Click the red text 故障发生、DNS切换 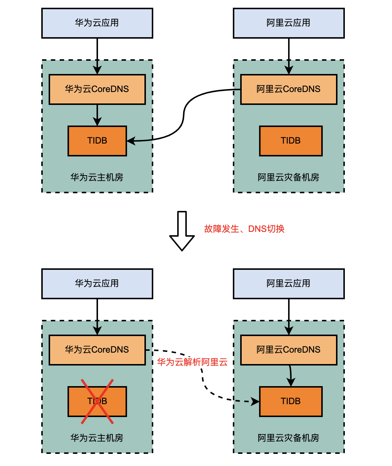tap(244, 229)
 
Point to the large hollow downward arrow tap(182, 231)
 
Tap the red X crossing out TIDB tap(97, 402)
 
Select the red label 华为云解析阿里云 tap(192, 362)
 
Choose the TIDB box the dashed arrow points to tap(291, 402)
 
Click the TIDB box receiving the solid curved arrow tap(97, 141)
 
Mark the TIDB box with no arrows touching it tap(291, 141)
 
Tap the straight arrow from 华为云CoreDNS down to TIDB tap(97, 115)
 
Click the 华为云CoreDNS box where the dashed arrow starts tap(97, 350)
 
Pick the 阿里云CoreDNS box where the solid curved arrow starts tap(288, 89)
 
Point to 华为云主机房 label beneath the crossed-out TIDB tap(97, 438)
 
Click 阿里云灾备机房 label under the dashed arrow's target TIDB tap(288, 438)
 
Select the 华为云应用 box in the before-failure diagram tap(97, 23)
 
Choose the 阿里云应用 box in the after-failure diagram tap(288, 283)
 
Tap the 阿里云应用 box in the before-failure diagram tap(288, 23)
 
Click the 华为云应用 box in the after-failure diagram tap(97, 283)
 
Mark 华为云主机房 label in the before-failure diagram tap(97, 177)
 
